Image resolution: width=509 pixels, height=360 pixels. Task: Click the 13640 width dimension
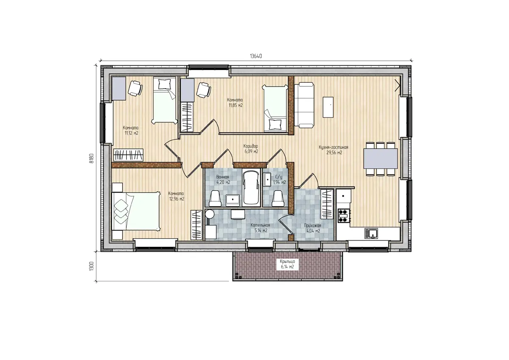click(x=256, y=56)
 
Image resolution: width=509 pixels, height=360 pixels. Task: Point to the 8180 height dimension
click(x=91, y=158)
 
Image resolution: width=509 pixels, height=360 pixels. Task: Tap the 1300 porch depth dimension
click(x=91, y=266)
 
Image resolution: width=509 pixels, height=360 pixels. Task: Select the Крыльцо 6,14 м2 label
click(x=288, y=264)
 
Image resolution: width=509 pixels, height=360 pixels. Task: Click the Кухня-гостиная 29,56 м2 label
click(x=333, y=150)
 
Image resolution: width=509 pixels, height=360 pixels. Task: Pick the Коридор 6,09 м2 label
click(x=251, y=148)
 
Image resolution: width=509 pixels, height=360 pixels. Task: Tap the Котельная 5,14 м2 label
click(x=260, y=228)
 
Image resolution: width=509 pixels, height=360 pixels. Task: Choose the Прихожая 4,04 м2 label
click(x=313, y=228)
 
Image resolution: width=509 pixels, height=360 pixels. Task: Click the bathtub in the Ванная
click(x=251, y=187)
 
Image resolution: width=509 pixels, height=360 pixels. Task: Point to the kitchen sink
click(x=372, y=233)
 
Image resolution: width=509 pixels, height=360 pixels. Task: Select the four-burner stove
click(x=344, y=215)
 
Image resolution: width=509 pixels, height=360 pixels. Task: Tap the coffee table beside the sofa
click(x=328, y=107)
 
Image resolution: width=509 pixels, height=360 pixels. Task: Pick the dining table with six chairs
click(x=380, y=159)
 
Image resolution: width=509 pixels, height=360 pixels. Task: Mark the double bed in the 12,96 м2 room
click(x=136, y=212)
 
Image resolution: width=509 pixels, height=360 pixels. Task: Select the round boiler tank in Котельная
click(x=210, y=214)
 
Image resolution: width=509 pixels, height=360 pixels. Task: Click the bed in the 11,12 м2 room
click(x=165, y=100)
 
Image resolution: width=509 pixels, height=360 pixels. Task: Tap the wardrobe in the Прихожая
click(x=327, y=204)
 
